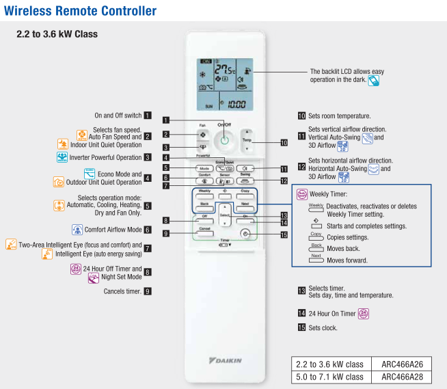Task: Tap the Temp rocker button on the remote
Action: coord(247,142)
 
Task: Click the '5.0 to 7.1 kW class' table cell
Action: coord(328,377)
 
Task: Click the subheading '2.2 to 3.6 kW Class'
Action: coord(57,34)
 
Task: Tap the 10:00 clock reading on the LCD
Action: coord(236,105)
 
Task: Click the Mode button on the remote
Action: coord(203,168)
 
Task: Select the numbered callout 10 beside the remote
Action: coord(284,143)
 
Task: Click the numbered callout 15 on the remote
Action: coord(284,234)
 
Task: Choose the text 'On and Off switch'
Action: coord(118,116)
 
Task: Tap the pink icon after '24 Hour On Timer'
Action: coord(364,314)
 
